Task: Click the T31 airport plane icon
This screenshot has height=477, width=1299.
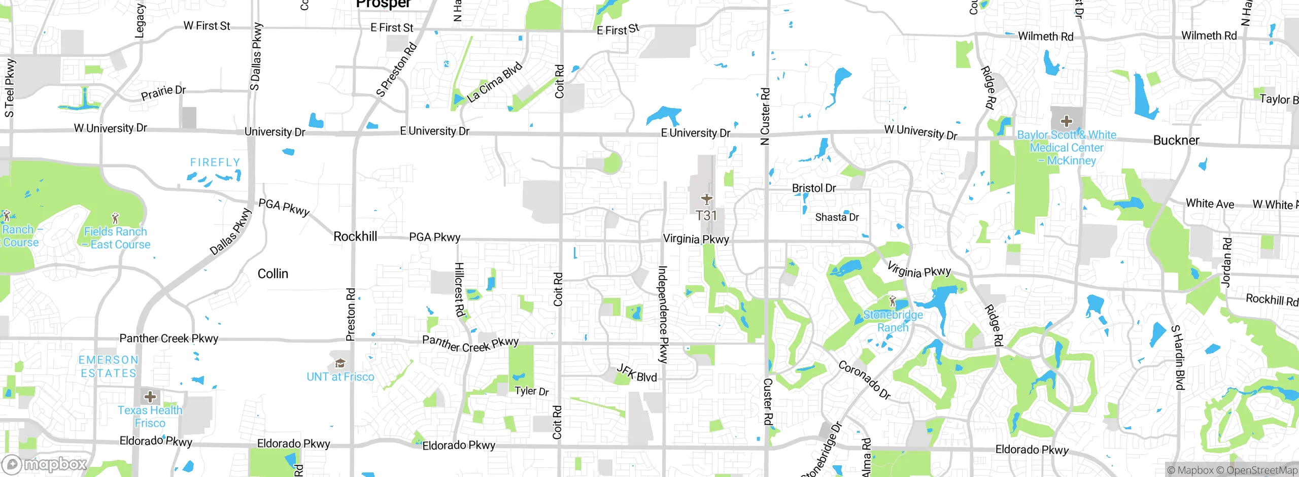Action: [x=706, y=199]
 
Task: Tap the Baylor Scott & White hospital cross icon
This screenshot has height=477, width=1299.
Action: [x=1066, y=121]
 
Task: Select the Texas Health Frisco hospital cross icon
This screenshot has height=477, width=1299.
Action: [x=150, y=396]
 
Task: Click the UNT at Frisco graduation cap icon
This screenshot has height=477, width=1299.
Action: [x=340, y=363]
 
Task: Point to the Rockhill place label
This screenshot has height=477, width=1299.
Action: [x=355, y=236]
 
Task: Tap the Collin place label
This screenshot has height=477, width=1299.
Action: [x=273, y=274]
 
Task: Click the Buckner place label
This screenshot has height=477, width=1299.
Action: [x=1176, y=141]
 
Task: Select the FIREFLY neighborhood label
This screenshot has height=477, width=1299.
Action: [x=215, y=162]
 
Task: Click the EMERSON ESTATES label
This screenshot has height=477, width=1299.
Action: [x=109, y=366]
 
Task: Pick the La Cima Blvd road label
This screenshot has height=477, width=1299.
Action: [x=495, y=82]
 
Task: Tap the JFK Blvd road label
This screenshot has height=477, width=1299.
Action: [x=637, y=373]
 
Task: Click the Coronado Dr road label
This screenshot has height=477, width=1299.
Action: [x=865, y=380]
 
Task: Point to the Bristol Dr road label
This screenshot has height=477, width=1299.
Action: [x=814, y=188]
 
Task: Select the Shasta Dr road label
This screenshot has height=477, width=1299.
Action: [x=837, y=217]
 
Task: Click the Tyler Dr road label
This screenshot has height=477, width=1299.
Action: [x=532, y=391]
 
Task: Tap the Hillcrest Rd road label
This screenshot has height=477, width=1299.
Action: [x=459, y=289]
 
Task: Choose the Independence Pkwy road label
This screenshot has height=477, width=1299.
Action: [x=663, y=315]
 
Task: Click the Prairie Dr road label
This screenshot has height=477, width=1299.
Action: [x=163, y=93]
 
